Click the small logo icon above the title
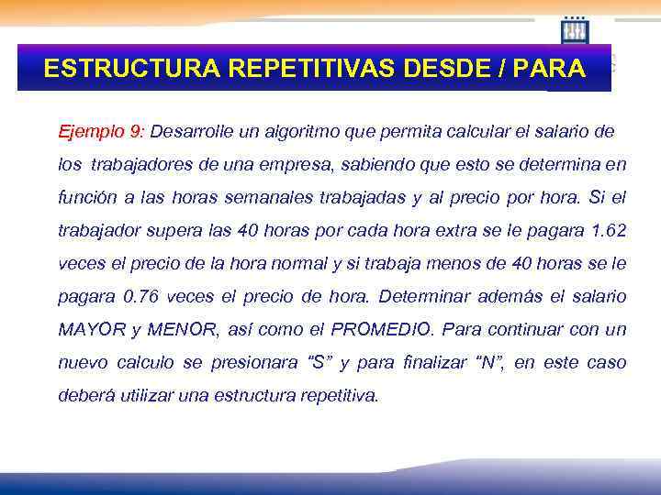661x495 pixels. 575,30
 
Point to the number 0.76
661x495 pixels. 142,296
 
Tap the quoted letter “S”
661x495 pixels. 319,362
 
